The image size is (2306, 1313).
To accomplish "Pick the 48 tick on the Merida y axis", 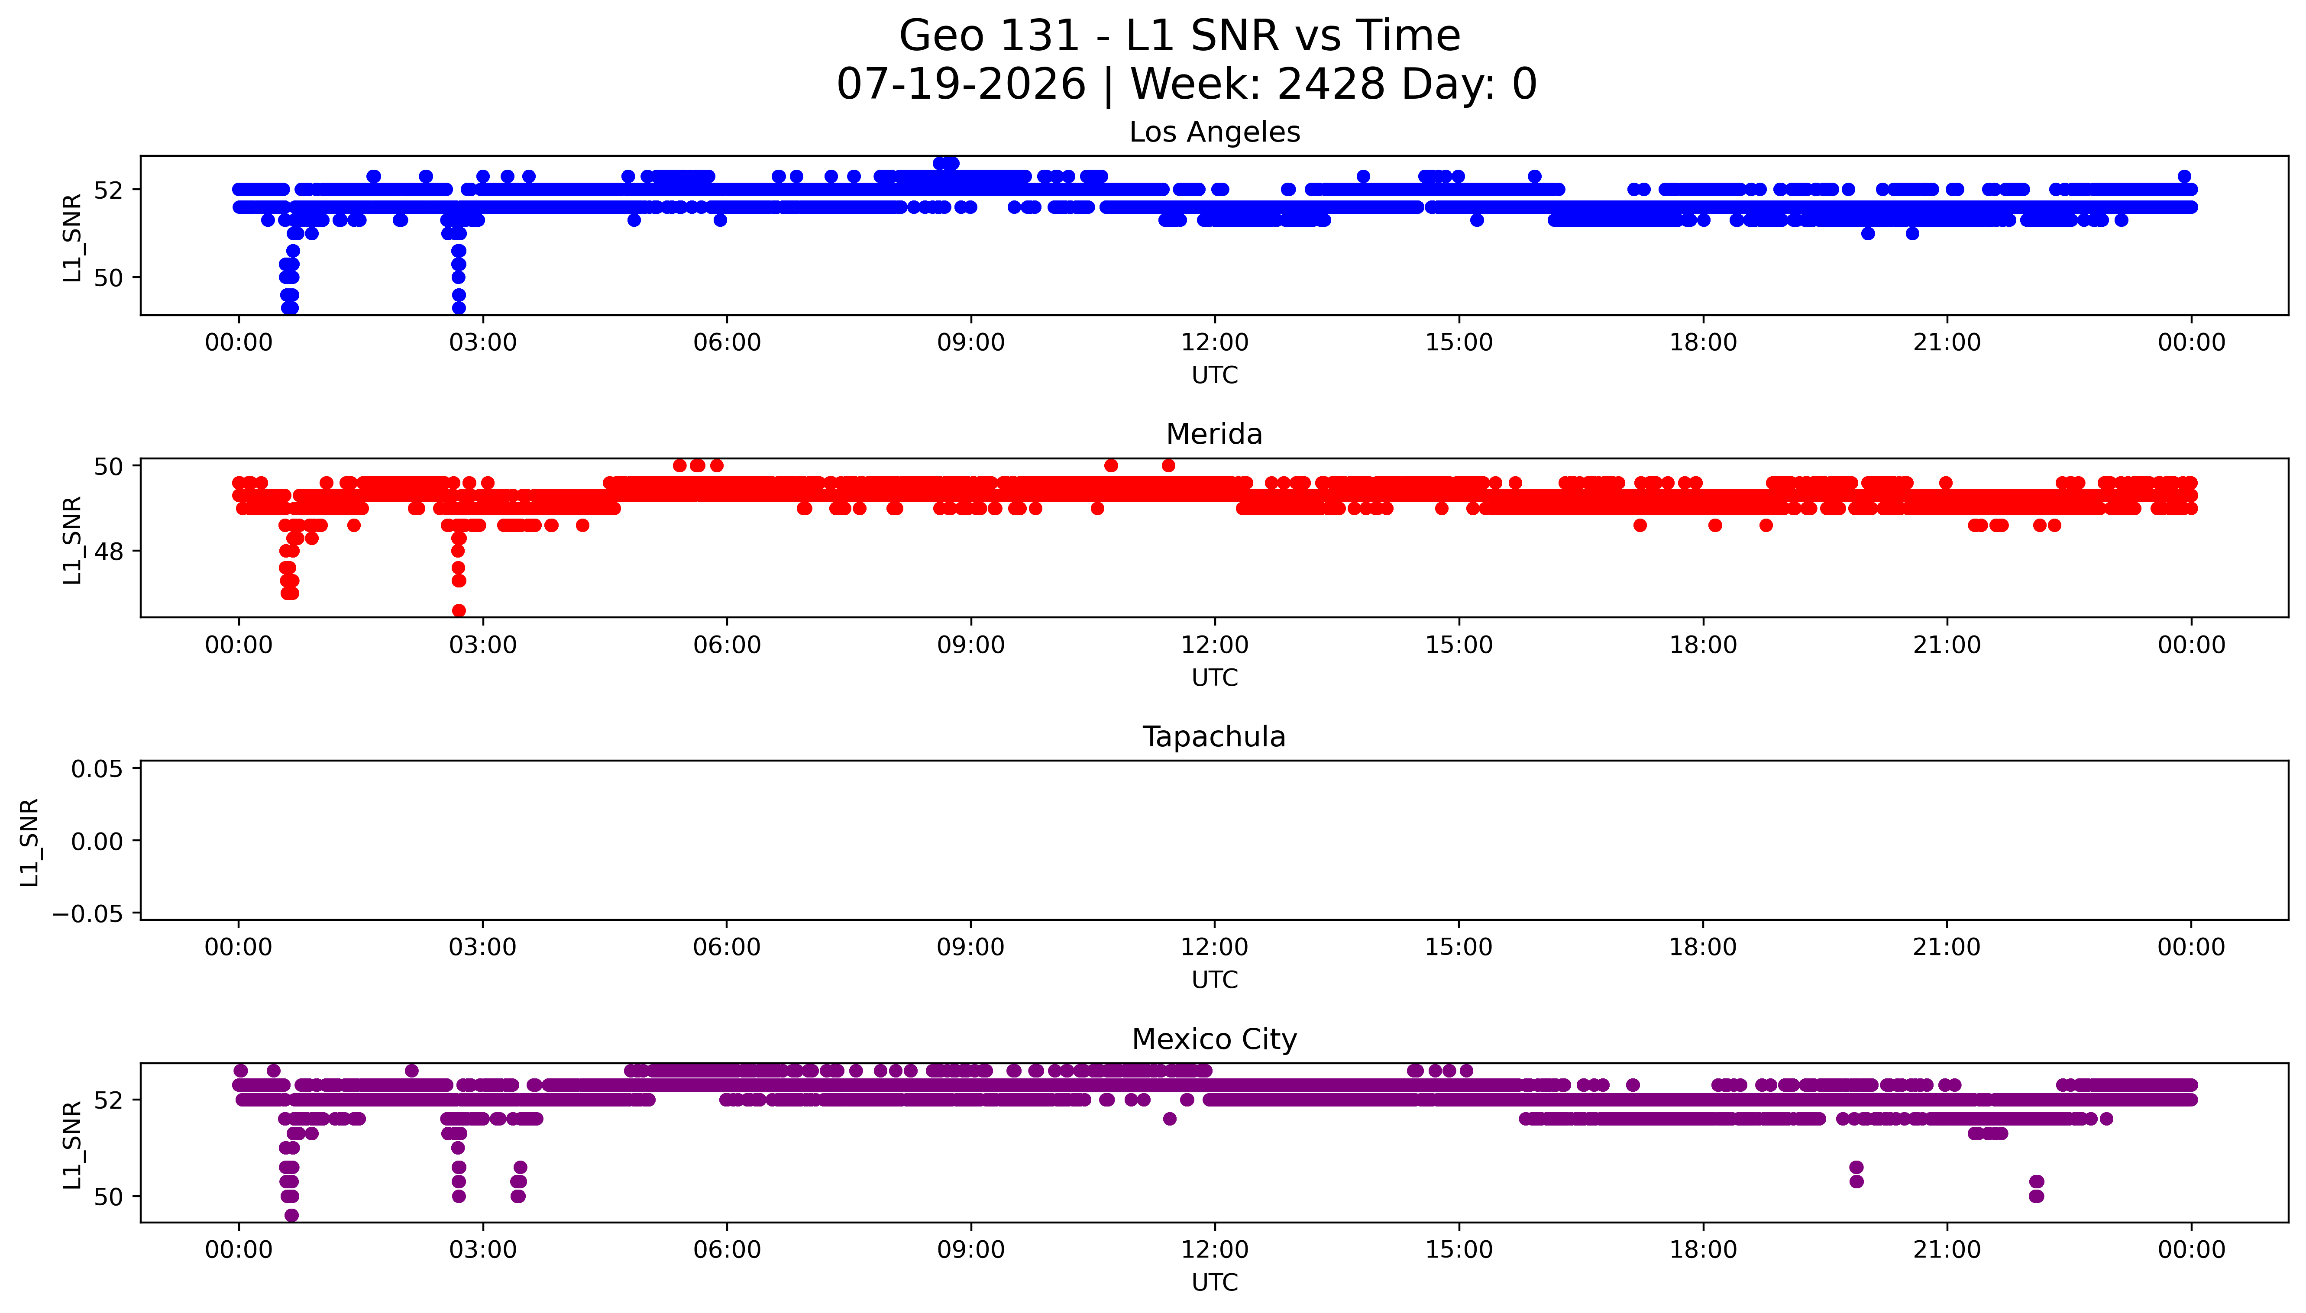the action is point(109,551).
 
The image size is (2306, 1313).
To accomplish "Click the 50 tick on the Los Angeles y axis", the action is point(109,278).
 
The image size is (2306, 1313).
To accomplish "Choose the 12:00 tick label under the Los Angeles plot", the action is point(1215,343).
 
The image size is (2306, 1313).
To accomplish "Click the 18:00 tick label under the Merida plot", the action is point(1703,645).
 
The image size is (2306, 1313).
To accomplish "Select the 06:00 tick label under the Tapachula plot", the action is point(727,947).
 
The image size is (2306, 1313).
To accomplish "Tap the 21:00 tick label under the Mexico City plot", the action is point(1947,1250).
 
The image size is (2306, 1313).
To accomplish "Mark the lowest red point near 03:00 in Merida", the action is point(459,610).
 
